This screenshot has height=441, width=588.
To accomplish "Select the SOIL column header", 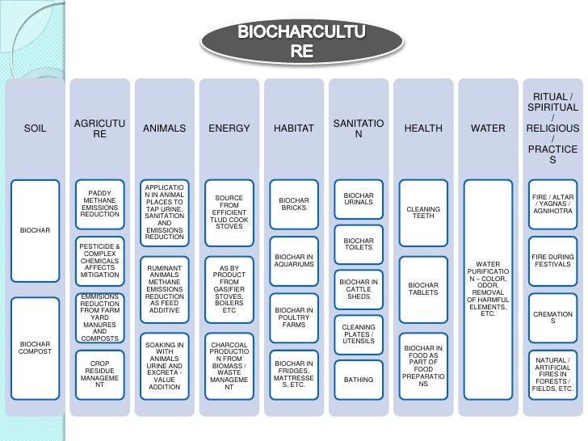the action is tap(36, 128).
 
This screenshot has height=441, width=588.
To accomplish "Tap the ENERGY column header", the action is tap(229, 128).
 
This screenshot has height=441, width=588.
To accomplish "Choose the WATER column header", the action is tap(488, 128).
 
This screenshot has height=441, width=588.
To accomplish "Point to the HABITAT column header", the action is tap(294, 128).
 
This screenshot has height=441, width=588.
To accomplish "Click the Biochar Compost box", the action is tap(36, 347).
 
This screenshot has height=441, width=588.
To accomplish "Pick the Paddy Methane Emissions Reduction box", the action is tap(100, 204).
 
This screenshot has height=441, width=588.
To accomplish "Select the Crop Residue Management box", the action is tap(100, 374).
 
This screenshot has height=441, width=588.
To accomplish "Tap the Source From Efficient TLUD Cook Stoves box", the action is tap(229, 212).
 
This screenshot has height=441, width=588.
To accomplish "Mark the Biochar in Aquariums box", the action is tap(294, 262).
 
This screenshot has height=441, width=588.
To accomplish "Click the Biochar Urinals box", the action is tap(359, 199).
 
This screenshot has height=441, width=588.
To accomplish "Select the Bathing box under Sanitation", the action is tap(359, 380).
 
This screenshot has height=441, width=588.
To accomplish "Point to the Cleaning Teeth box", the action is tap(423, 212).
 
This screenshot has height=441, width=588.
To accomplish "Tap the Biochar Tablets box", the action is tap(423, 288).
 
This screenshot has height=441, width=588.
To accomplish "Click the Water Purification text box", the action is tap(488, 288).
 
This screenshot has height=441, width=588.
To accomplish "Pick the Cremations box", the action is tap(552, 317).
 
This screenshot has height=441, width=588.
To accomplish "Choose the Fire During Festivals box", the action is tap(552, 262).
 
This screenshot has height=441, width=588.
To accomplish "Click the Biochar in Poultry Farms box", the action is tap(294, 317).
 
